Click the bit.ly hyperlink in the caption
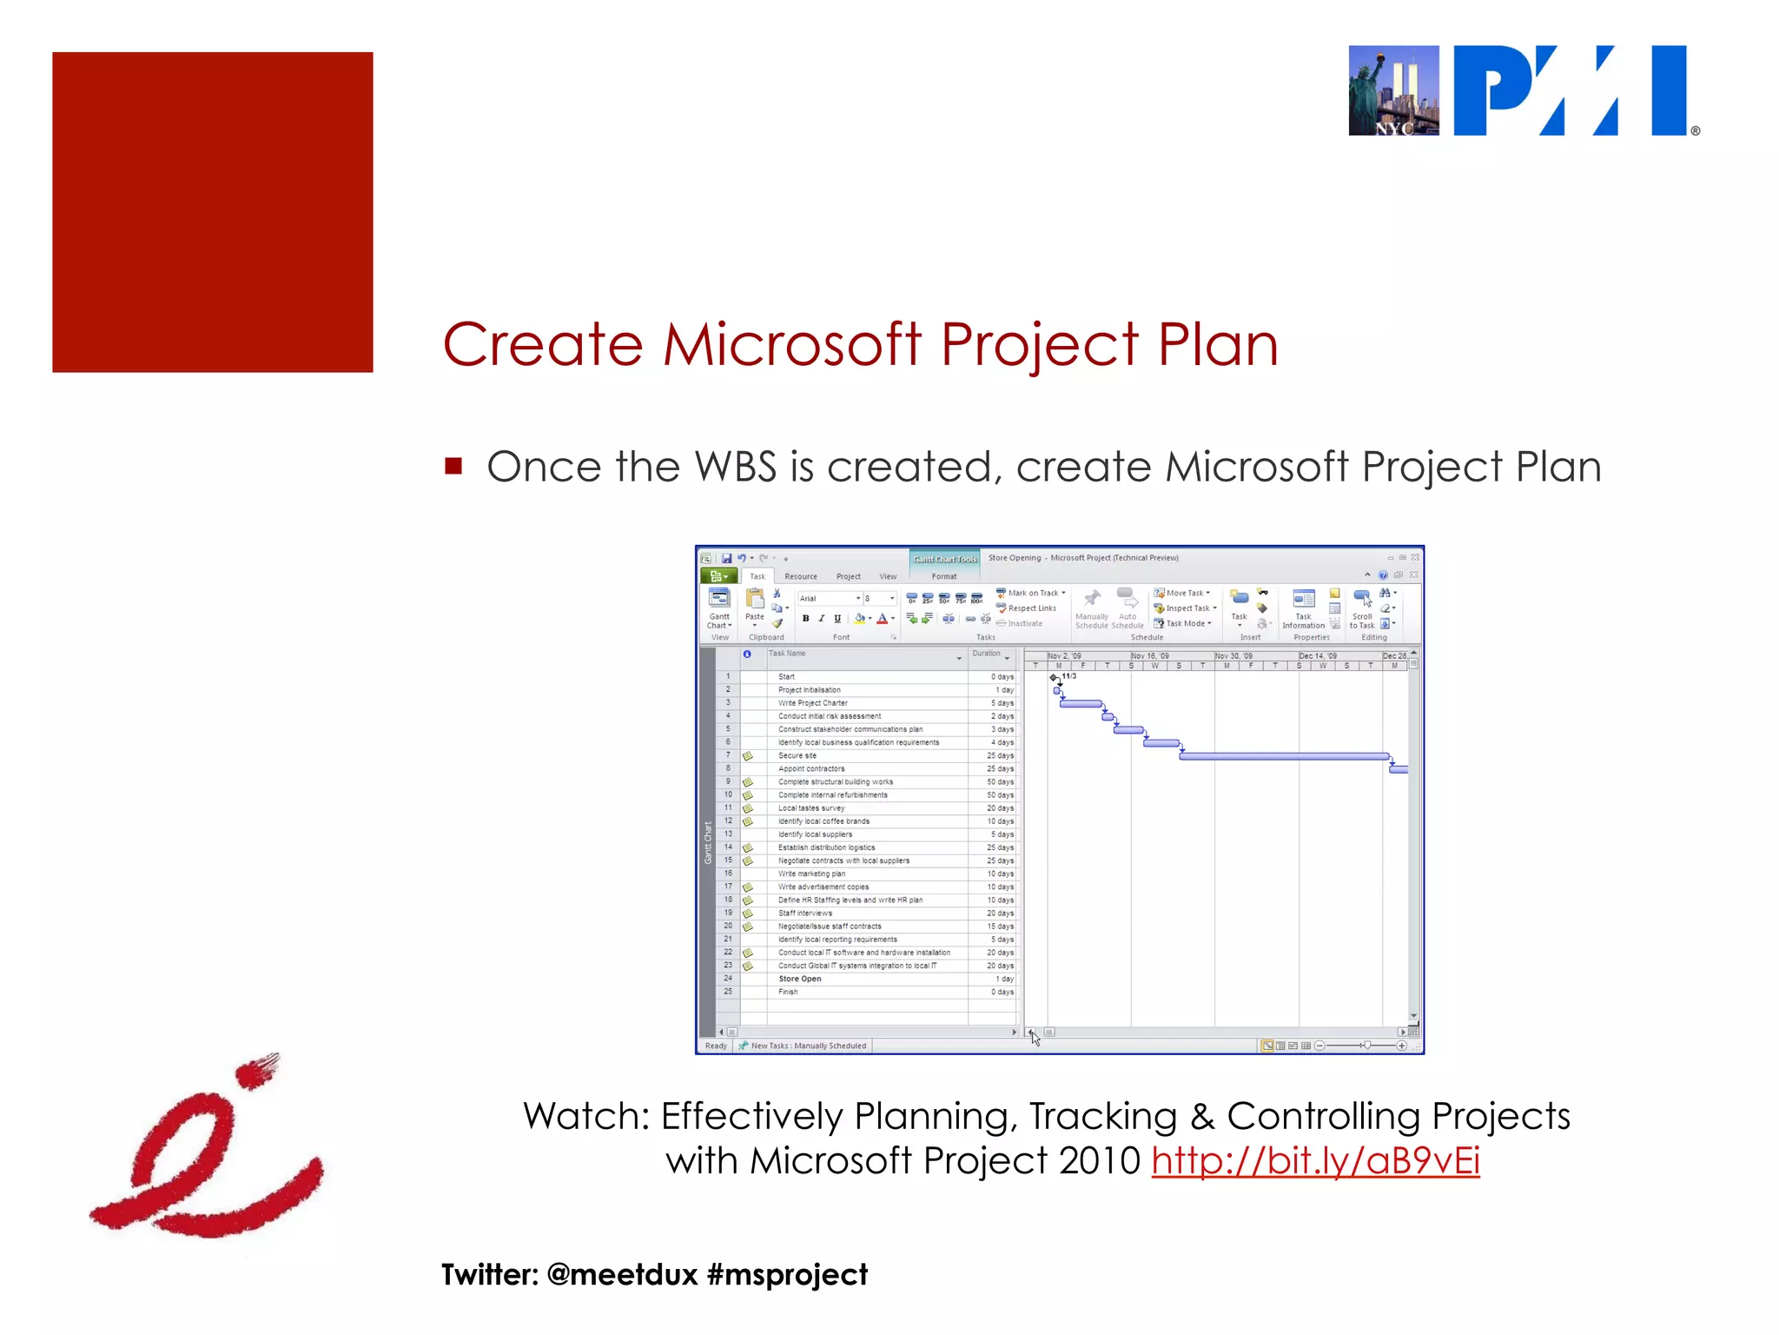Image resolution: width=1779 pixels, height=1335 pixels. (x=1315, y=1161)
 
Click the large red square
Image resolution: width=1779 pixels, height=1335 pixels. (x=213, y=212)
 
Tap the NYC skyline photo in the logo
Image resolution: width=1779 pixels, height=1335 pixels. (x=1393, y=90)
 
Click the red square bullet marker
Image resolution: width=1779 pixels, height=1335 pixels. (x=453, y=466)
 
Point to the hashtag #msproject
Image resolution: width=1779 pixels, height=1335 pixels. (x=787, y=1275)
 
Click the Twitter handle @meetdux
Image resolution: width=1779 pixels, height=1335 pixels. (x=622, y=1275)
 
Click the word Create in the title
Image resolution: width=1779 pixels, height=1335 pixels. (x=543, y=345)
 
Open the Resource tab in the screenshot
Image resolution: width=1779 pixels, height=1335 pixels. (x=800, y=576)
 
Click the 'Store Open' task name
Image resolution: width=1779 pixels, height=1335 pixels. (x=799, y=979)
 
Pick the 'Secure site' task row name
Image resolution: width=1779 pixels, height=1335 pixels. (x=797, y=755)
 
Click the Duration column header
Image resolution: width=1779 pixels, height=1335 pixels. (x=986, y=654)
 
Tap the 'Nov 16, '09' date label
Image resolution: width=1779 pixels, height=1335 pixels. (x=1149, y=656)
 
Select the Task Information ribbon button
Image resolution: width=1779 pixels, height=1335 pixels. (x=1303, y=608)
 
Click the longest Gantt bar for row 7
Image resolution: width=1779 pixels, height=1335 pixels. (x=1283, y=756)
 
